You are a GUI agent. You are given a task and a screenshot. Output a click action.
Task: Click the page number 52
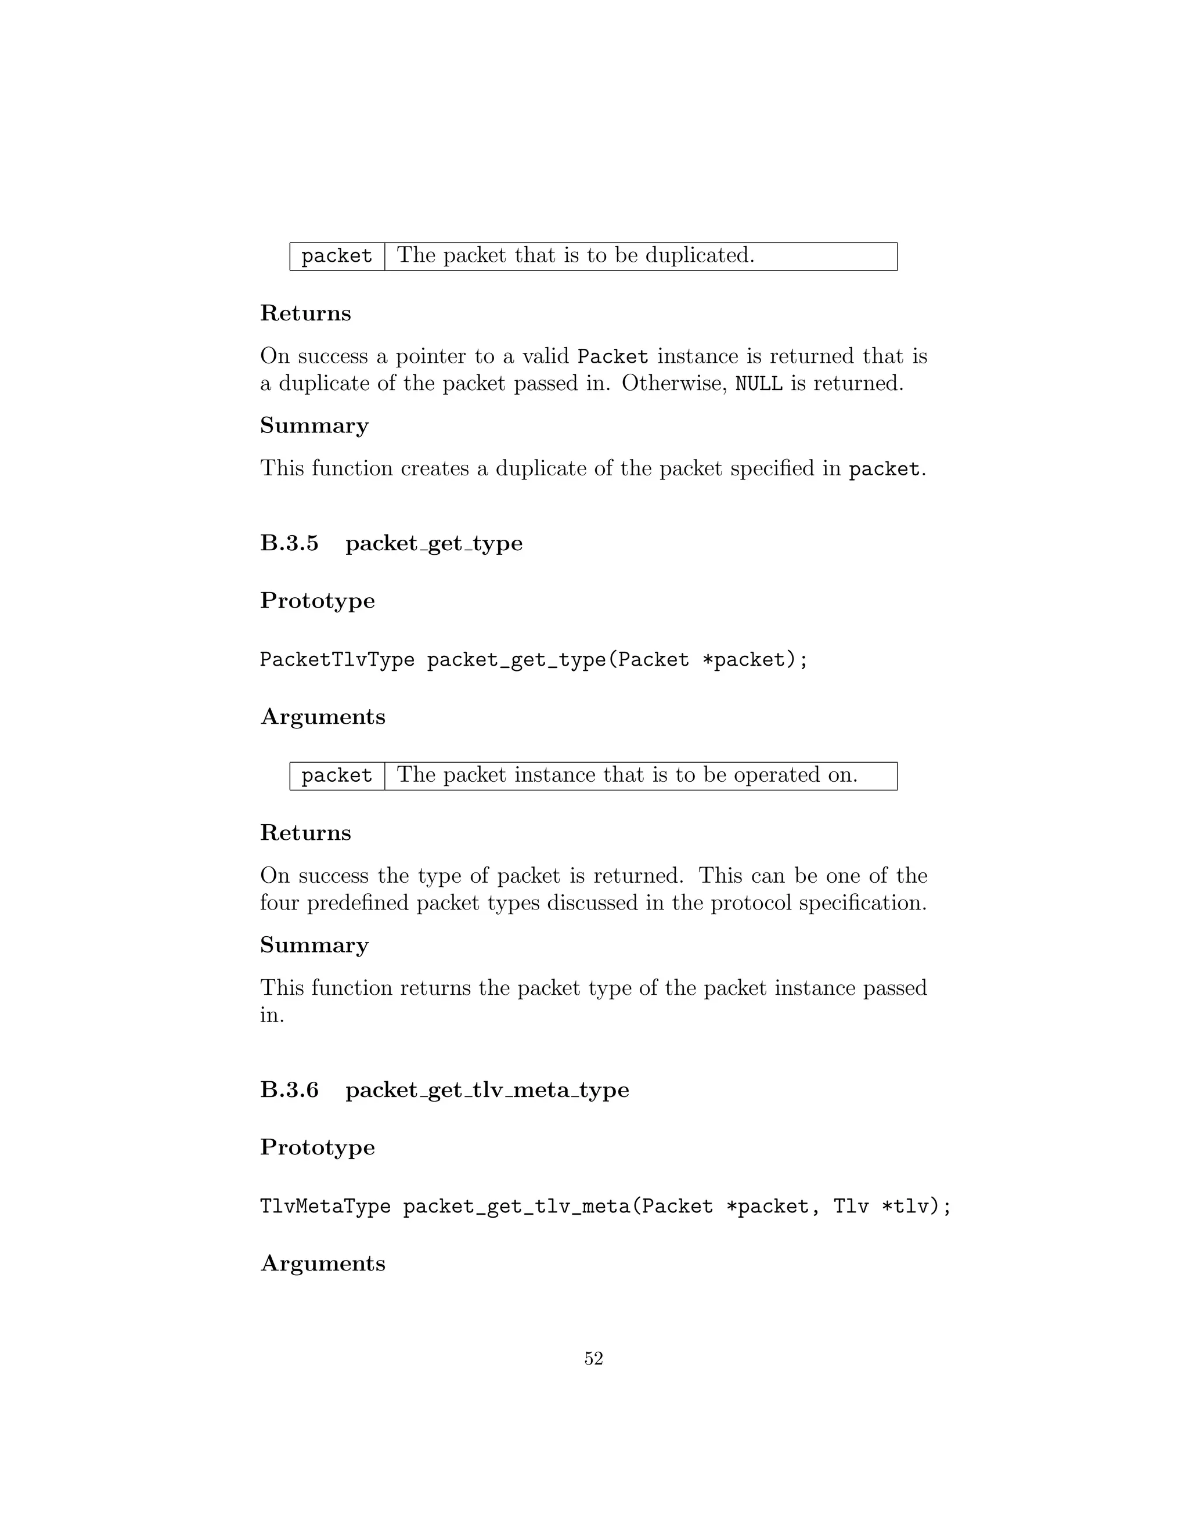(x=593, y=1359)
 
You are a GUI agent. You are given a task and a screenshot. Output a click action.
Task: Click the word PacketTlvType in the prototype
(x=337, y=660)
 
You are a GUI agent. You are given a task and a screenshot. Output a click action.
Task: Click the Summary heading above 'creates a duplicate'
(x=314, y=425)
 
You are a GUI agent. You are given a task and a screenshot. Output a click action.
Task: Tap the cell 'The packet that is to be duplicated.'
(x=575, y=255)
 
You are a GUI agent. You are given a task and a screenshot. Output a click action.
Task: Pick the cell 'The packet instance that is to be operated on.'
(x=627, y=775)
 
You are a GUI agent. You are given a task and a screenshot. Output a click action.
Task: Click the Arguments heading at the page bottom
(x=323, y=1263)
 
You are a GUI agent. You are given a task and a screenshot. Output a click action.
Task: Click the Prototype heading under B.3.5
(x=317, y=601)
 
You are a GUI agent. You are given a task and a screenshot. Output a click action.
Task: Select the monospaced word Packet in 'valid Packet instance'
(x=612, y=356)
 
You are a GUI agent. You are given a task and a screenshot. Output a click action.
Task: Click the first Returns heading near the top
(x=305, y=313)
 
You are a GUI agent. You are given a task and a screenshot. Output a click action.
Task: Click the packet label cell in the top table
(x=337, y=255)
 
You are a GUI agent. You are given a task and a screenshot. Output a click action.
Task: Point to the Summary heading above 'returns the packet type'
(x=314, y=944)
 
